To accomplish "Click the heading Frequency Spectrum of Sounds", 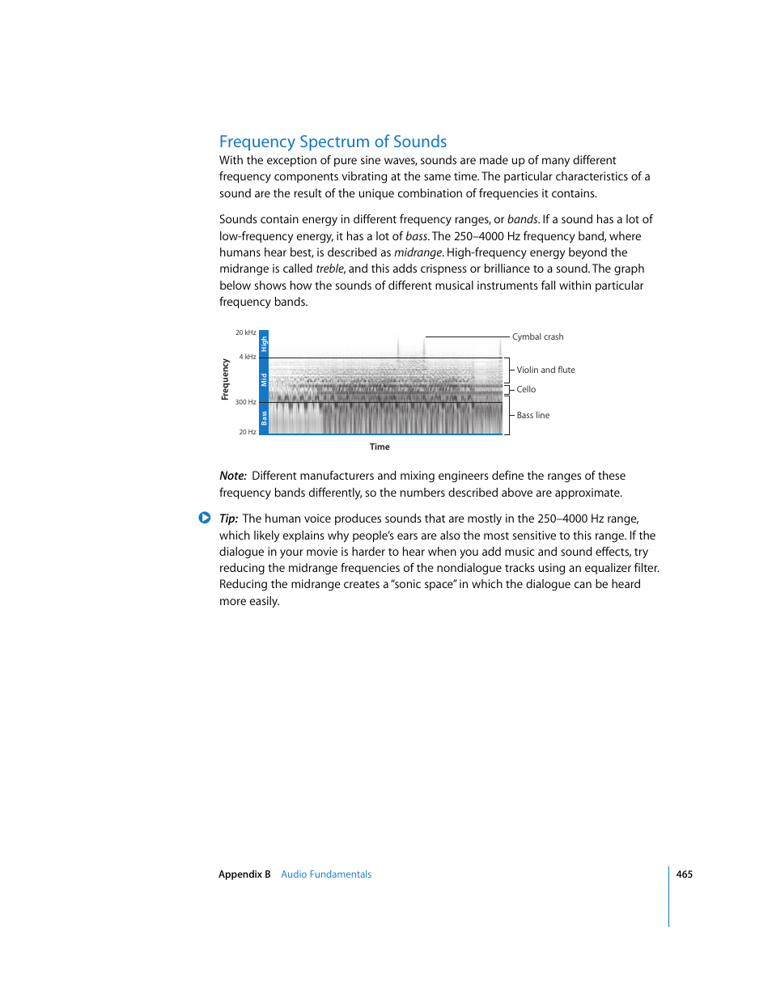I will (x=333, y=142).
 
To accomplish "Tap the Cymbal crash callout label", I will (x=537, y=337).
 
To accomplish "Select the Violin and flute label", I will (x=545, y=370).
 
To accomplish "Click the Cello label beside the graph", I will (x=526, y=390).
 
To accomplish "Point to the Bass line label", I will (x=532, y=416).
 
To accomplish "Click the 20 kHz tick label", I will (x=245, y=332).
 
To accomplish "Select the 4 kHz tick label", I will (x=247, y=357).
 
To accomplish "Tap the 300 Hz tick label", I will (x=245, y=402).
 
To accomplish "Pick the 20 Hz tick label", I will (x=247, y=432).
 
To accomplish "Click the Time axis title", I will (x=380, y=447).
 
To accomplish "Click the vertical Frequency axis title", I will (x=225, y=379).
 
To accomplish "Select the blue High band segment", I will (x=264, y=344).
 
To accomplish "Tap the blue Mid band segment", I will (x=264, y=379).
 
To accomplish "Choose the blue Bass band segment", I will (x=264, y=417).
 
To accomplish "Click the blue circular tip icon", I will (x=205, y=518).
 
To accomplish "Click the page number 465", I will (x=684, y=874).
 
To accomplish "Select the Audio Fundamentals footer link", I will (x=326, y=874).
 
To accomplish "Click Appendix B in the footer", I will (x=244, y=874).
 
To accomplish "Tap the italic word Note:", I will (x=232, y=476).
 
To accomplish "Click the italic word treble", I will (x=329, y=269).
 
